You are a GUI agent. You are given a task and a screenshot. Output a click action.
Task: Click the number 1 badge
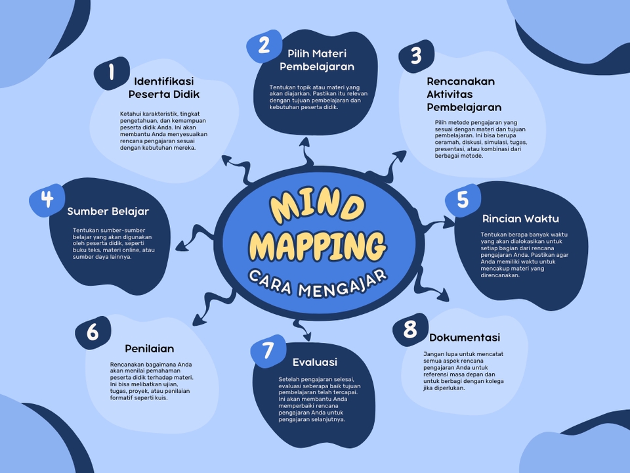click(112, 72)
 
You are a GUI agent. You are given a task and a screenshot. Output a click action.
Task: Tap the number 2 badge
click(264, 45)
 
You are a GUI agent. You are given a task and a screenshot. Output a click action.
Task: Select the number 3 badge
click(416, 55)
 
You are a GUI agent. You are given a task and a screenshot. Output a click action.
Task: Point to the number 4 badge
click(47, 199)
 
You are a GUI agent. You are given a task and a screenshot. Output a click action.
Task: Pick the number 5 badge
click(463, 200)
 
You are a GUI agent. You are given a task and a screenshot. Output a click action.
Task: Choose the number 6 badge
click(93, 332)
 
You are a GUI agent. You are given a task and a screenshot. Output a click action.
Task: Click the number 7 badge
click(268, 351)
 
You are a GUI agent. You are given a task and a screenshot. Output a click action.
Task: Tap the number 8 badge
click(410, 329)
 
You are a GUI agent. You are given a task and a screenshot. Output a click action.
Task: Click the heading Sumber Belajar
click(108, 212)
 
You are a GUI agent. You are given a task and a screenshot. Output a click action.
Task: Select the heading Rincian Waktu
click(520, 219)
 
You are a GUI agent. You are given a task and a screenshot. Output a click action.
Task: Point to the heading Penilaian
click(150, 349)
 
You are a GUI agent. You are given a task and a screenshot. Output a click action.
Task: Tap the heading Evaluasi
click(315, 362)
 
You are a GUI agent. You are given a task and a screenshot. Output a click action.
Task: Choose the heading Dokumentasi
click(465, 338)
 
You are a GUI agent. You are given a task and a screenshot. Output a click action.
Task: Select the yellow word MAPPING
click(318, 245)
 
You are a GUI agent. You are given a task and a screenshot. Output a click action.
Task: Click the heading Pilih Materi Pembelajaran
click(317, 60)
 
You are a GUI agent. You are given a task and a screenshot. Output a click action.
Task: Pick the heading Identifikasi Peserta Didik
click(163, 88)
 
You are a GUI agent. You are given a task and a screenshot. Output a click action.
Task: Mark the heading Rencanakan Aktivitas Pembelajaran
click(464, 95)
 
